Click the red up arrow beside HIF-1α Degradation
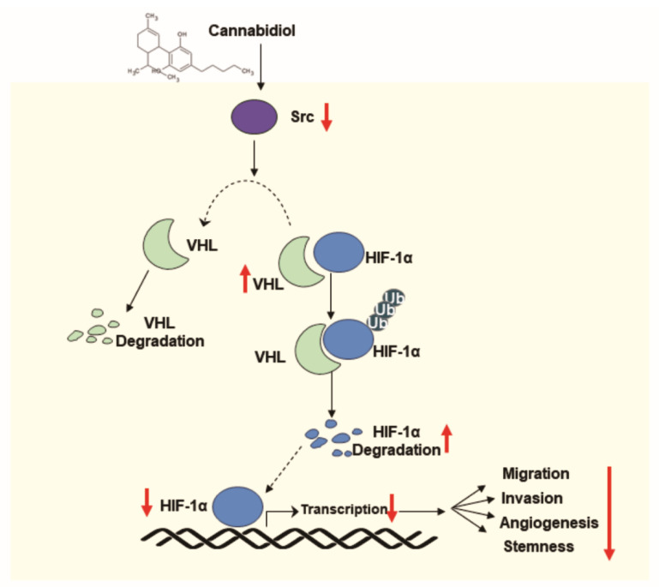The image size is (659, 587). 446,439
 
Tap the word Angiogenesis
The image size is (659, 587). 549,521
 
